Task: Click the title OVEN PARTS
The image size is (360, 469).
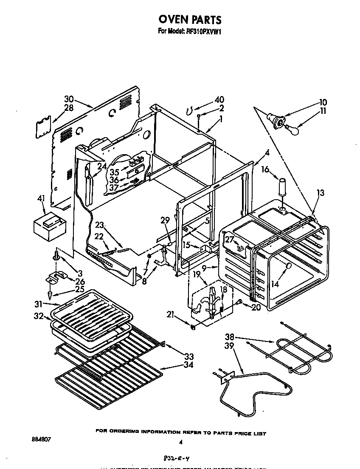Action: point(190,20)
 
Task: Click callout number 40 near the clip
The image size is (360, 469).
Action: point(219,100)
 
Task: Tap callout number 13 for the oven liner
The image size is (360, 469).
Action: point(321,194)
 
